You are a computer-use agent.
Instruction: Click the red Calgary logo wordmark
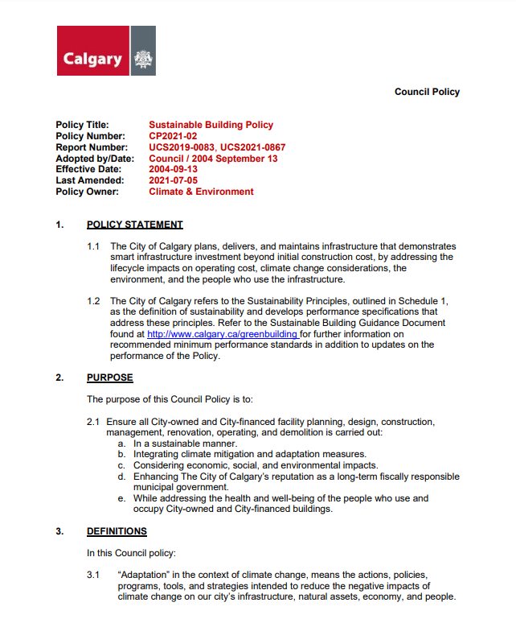tap(92, 59)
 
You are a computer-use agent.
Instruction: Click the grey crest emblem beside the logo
tap(143, 59)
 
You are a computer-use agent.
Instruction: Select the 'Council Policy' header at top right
tap(427, 92)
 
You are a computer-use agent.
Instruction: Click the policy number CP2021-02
tap(173, 136)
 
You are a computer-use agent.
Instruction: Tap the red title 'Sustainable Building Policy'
tap(211, 125)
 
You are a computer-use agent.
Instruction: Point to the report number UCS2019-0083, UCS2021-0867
tap(217, 147)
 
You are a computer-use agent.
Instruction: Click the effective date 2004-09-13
tap(173, 170)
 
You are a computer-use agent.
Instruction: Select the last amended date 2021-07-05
tap(173, 181)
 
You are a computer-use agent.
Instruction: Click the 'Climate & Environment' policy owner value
tap(201, 192)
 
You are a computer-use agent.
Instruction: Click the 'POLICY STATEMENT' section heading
tap(135, 225)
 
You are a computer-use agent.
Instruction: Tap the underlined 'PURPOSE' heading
tap(110, 378)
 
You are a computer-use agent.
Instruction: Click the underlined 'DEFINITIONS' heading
tap(117, 531)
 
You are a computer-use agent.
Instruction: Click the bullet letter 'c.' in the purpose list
tap(121, 465)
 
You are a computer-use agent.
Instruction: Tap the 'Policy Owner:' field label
tap(88, 192)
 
